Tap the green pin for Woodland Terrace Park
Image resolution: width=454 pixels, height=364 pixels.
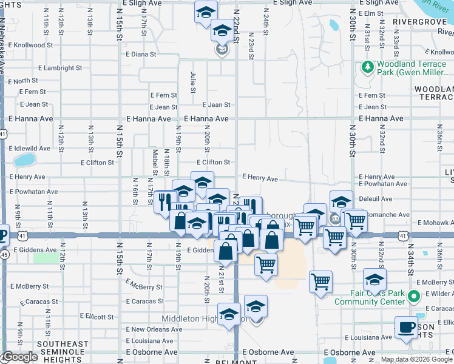pyautogui.click(x=367, y=66)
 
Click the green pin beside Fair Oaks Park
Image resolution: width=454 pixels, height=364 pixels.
pyautogui.click(x=414, y=297)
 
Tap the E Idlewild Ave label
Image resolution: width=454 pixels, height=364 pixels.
pyautogui.click(x=29, y=148)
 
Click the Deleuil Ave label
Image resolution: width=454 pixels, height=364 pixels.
pyautogui.click(x=375, y=198)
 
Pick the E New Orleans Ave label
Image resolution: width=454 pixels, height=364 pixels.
pyautogui.click(x=153, y=329)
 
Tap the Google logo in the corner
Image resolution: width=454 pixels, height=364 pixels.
pyautogui.click(x=20, y=357)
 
